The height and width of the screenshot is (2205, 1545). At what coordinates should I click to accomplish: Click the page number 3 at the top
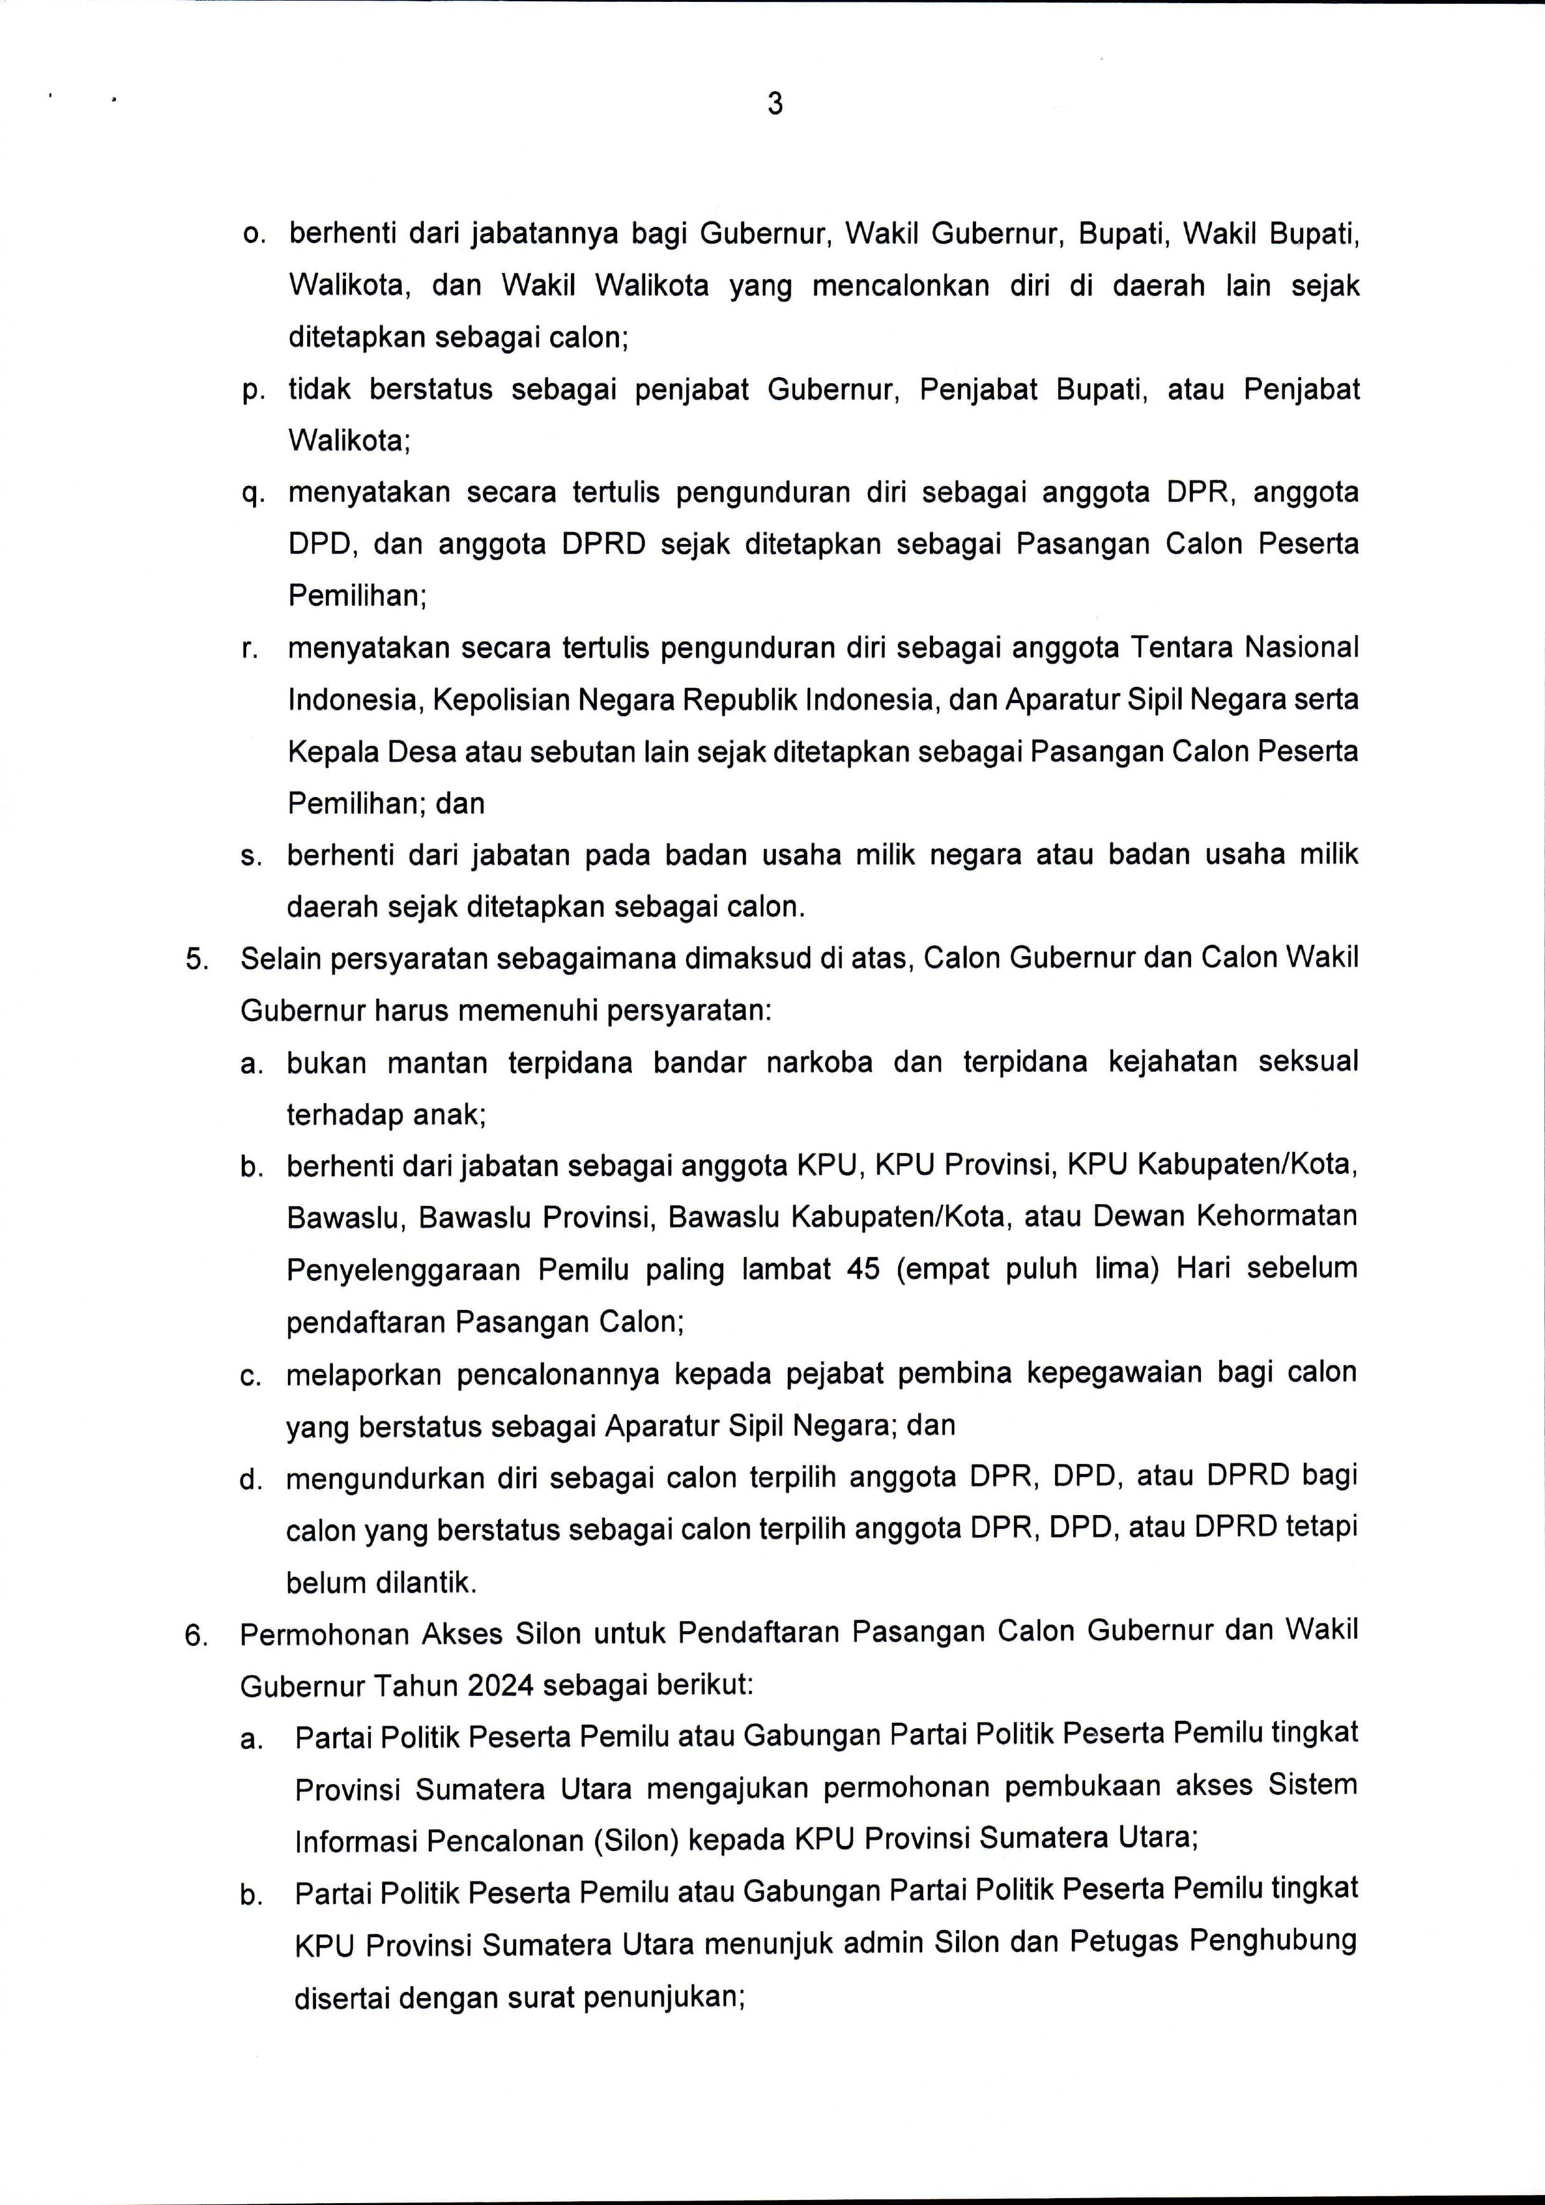click(x=775, y=103)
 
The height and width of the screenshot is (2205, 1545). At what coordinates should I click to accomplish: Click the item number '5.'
click(x=198, y=959)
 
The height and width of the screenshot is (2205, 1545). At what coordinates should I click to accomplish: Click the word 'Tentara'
click(x=1180, y=648)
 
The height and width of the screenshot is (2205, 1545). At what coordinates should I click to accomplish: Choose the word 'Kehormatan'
click(x=1276, y=1217)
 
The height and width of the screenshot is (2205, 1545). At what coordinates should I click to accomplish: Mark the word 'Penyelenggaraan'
click(x=403, y=1270)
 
